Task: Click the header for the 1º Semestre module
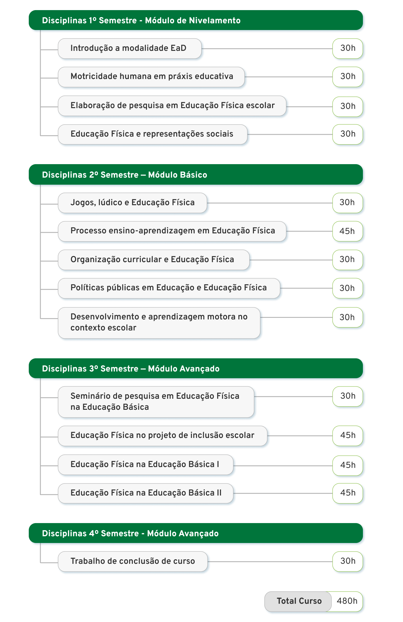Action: [x=196, y=20]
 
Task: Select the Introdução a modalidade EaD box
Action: [x=130, y=48]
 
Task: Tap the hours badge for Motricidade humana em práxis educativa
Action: [x=348, y=77]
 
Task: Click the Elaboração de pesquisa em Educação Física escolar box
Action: [x=172, y=106]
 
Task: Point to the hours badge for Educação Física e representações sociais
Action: [x=348, y=134]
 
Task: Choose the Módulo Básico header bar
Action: [x=196, y=175]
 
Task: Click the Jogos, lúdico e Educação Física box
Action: [x=132, y=203]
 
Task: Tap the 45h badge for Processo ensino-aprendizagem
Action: [x=348, y=231]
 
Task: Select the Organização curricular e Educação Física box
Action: [x=154, y=260]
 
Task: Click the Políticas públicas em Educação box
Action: [x=169, y=288]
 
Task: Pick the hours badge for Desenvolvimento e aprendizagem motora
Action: [x=348, y=317]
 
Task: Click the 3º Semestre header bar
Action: [x=196, y=368]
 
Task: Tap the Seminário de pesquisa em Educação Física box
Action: [x=156, y=402]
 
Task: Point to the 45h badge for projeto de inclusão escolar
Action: [x=348, y=436]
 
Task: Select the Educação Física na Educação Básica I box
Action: [x=146, y=465]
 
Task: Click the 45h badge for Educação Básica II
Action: [x=348, y=493]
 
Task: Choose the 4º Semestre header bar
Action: [x=196, y=533]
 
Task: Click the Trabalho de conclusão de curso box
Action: [x=133, y=561]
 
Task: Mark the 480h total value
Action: [x=347, y=601]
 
